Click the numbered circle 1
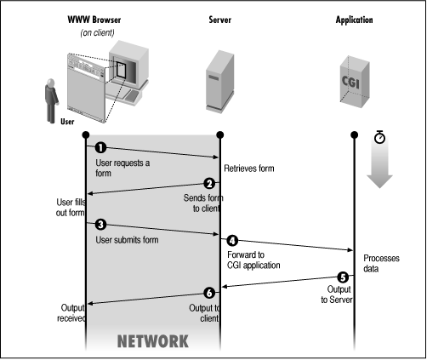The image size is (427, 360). (x=100, y=148)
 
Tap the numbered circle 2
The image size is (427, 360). (x=208, y=184)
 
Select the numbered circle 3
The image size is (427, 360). (x=100, y=225)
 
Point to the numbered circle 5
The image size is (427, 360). (x=343, y=277)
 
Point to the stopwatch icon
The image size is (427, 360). (x=380, y=135)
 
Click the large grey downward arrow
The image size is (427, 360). (x=379, y=175)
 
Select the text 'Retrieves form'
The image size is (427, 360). (x=249, y=168)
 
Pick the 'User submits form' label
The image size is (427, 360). (x=125, y=240)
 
